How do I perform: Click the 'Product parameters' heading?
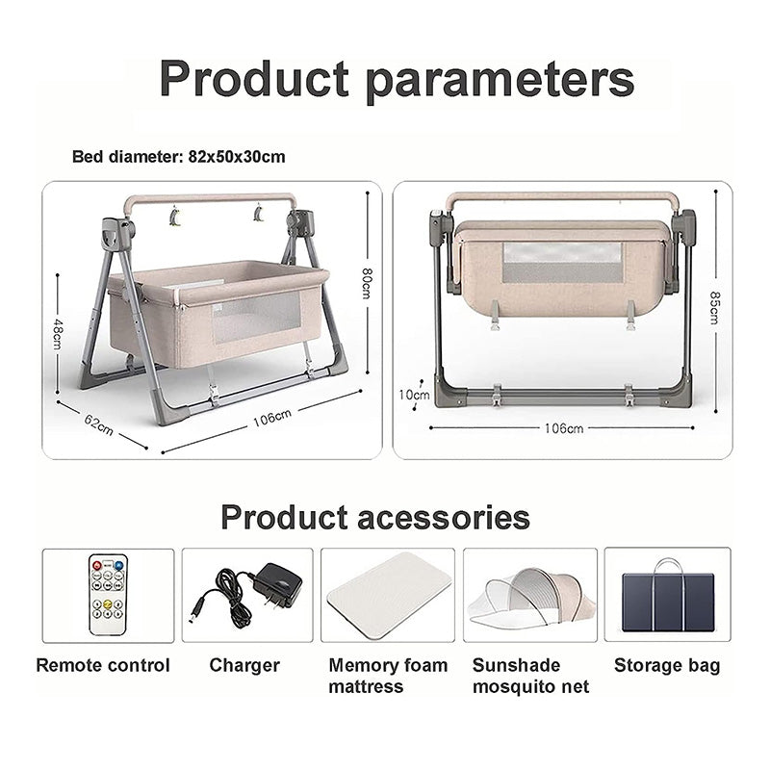coord(397,78)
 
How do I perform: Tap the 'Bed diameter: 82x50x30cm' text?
coord(179,156)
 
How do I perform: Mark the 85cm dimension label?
coord(713,307)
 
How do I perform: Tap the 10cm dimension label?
coord(415,394)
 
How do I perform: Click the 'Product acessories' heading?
coord(375,517)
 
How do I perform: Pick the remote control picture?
coord(108,594)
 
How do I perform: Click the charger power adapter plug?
coord(275,584)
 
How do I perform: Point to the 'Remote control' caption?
coord(103,665)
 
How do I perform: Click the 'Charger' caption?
coord(244,665)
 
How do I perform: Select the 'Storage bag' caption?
coord(667,665)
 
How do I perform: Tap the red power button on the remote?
coord(95,564)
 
